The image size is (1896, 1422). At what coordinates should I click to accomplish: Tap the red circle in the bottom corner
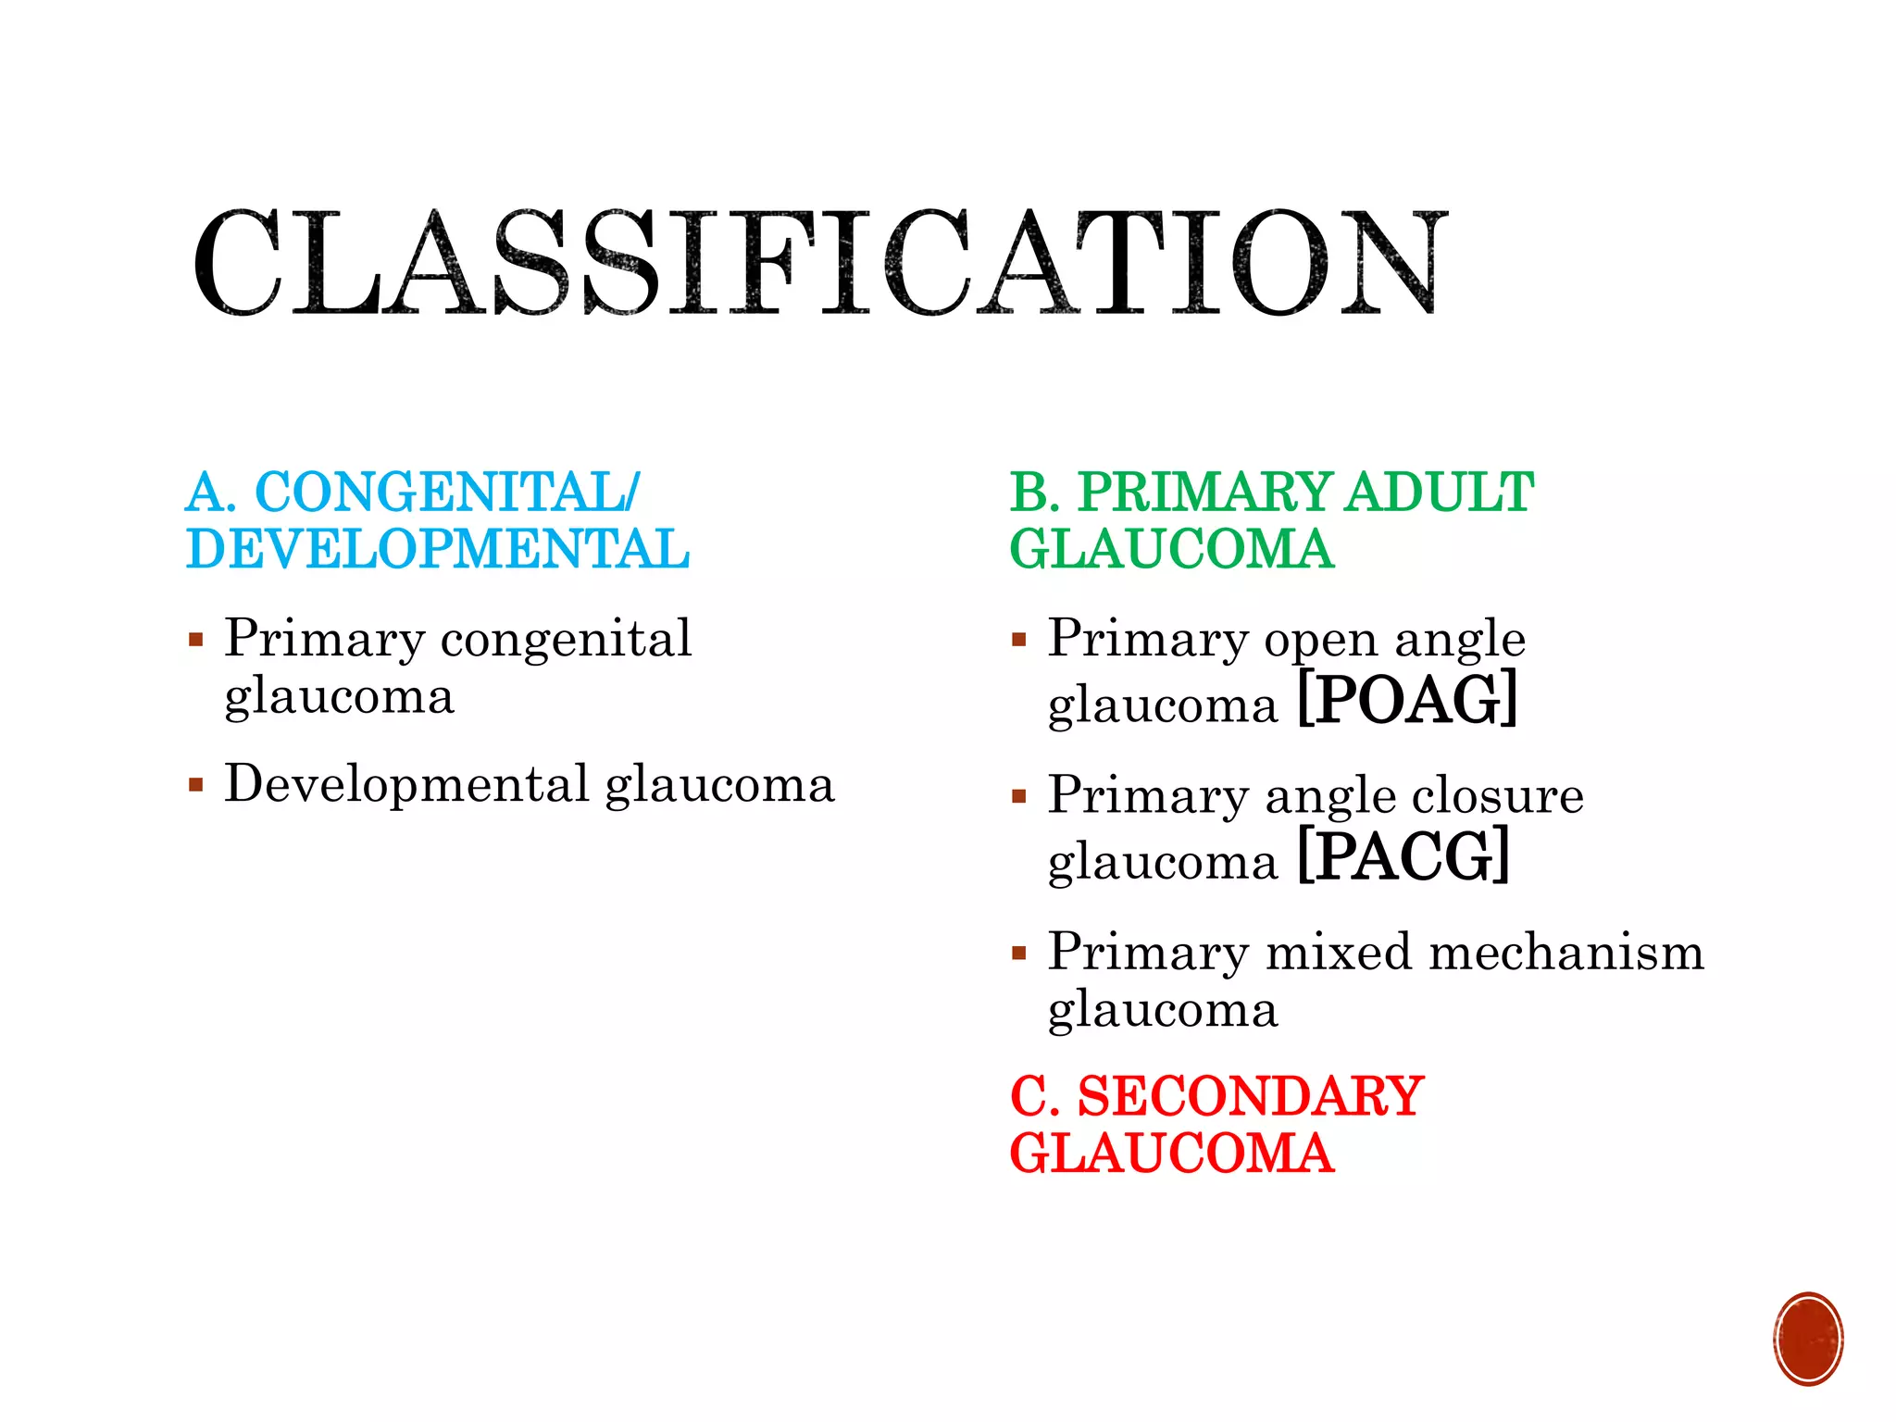[x=1808, y=1339]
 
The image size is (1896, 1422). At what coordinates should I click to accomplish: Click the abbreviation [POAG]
[x=1407, y=701]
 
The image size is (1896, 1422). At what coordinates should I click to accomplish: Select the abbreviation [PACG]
[x=1403, y=857]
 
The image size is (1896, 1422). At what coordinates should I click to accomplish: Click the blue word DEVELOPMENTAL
[x=438, y=549]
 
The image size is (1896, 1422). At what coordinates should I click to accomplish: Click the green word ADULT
[x=1440, y=492]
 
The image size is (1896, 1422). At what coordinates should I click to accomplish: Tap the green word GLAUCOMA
[x=1171, y=549]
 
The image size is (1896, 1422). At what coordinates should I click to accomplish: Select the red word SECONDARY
[x=1250, y=1096]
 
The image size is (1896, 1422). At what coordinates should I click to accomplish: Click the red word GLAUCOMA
[x=1171, y=1154]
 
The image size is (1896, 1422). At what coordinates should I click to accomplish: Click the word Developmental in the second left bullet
[x=407, y=784]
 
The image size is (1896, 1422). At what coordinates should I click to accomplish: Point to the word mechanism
[x=1566, y=953]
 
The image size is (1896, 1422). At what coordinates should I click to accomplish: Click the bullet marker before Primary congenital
[x=195, y=640]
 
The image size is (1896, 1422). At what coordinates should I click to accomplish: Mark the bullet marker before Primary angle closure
[x=1019, y=797]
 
